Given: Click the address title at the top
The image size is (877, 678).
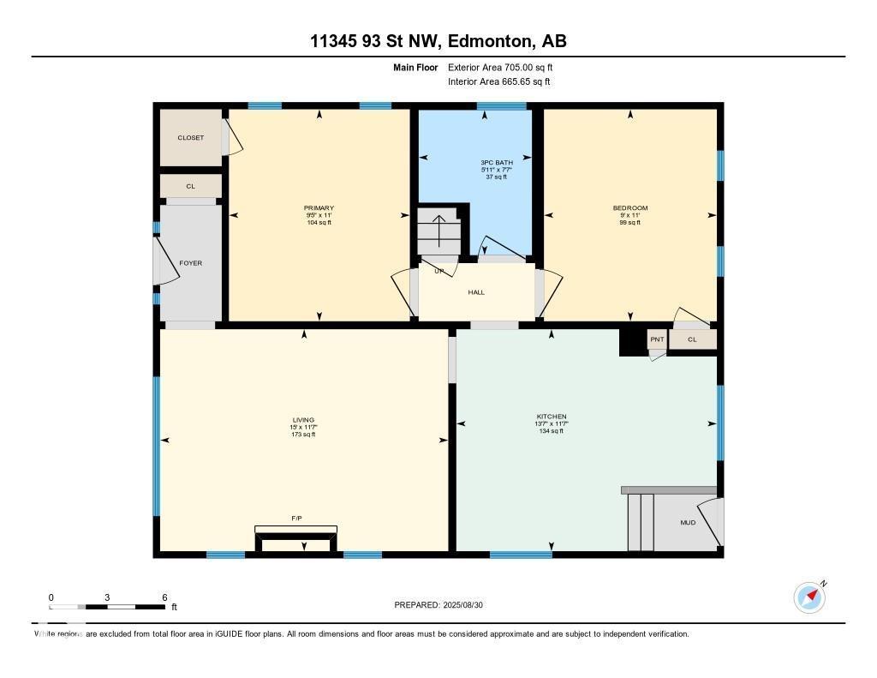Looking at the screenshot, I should tap(438, 41).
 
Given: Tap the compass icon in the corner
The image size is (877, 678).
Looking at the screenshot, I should tap(809, 597).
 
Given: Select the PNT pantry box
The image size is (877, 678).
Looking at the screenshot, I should tap(657, 340).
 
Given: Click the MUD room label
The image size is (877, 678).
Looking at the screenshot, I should tap(688, 522).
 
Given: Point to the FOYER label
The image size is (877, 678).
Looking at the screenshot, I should tap(190, 263).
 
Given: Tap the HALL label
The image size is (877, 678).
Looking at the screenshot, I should tap(476, 292).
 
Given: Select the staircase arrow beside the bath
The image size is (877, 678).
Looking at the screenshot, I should tap(438, 230).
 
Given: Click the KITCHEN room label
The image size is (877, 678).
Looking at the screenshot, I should tap(550, 417).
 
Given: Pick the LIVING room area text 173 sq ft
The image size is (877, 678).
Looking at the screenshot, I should tap(303, 435).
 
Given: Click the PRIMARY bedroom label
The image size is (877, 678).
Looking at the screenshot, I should tap(319, 208).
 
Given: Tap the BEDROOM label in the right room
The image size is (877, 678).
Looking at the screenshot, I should tap(629, 208).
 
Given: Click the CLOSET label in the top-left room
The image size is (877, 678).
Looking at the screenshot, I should tap(190, 137).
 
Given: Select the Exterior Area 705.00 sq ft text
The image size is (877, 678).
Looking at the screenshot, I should tap(506, 67).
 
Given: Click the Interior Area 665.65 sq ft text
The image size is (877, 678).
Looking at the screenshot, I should tap(498, 81).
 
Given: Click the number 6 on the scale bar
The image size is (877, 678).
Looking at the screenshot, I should tap(164, 597).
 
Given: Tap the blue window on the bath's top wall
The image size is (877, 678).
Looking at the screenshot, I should tap(501, 106).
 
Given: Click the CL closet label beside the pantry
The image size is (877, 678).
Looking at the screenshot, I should tap(692, 340).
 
